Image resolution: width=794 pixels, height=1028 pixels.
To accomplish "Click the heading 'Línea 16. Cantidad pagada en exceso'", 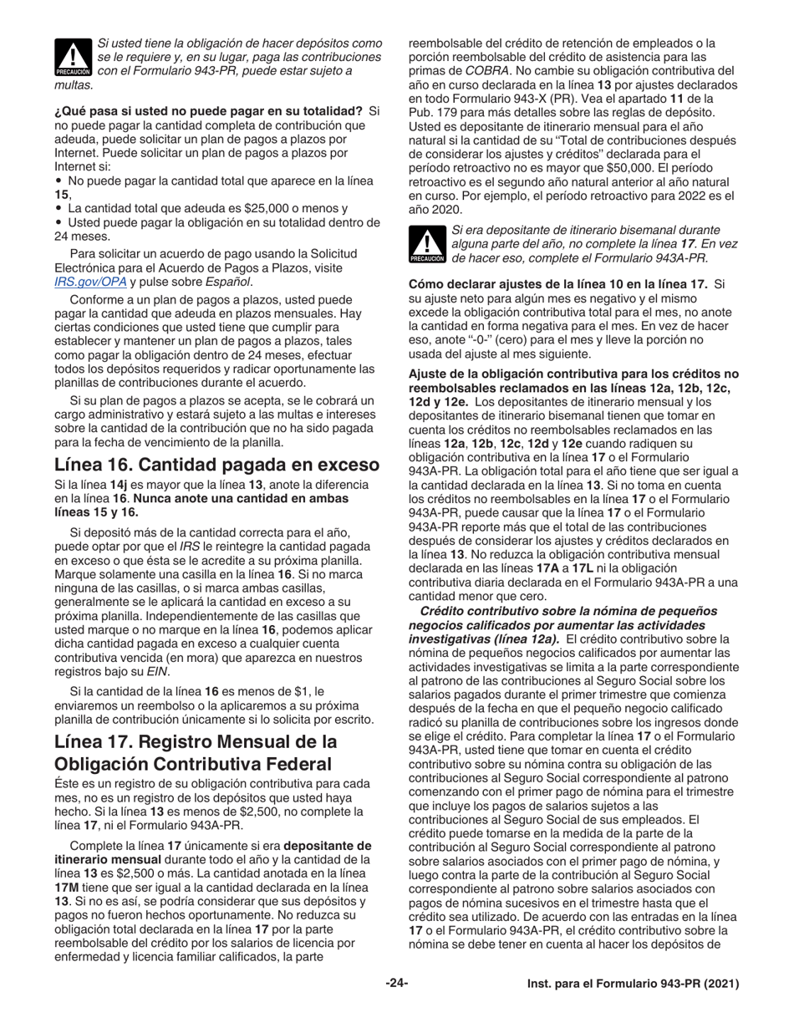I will click(217, 464).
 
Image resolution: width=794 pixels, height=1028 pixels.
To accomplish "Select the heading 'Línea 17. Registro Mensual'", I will click(196, 752).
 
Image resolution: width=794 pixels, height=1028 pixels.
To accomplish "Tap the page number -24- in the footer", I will click(396, 984).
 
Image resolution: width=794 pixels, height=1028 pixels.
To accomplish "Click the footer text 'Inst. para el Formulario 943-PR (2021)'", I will click(633, 985).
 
